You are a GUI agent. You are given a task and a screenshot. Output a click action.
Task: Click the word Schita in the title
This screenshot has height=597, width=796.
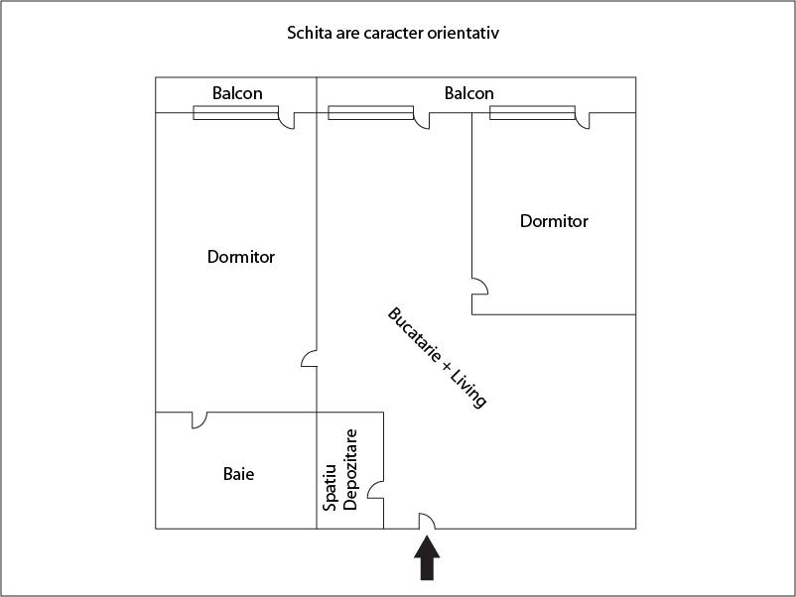pyautogui.click(x=310, y=33)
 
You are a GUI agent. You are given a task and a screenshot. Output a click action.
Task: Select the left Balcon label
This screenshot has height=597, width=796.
pyautogui.click(x=237, y=93)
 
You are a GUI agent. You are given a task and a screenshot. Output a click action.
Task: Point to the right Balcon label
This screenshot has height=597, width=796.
pyautogui.click(x=468, y=93)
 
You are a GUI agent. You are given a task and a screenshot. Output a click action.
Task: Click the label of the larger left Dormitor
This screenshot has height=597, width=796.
pyautogui.click(x=241, y=257)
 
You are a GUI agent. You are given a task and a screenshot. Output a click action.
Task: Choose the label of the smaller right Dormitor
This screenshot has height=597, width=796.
pyautogui.click(x=554, y=221)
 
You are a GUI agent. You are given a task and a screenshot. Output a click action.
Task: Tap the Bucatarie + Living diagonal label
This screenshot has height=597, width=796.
pyautogui.click(x=437, y=358)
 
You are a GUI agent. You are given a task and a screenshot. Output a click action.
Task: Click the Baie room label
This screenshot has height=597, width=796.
pyautogui.click(x=238, y=474)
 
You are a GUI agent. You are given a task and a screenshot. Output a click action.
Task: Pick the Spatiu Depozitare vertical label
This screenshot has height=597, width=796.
pyautogui.click(x=340, y=470)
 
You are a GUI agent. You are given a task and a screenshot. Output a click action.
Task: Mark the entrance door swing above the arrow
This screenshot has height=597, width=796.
pyautogui.click(x=427, y=521)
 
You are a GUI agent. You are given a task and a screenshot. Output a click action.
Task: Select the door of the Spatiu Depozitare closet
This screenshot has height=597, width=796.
pyautogui.click(x=376, y=490)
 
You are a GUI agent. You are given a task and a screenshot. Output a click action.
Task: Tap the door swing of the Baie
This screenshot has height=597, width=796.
pyautogui.click(x=199, y=419)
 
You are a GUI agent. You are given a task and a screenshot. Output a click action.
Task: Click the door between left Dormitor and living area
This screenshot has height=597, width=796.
pyautogui.click(x=310, y=357)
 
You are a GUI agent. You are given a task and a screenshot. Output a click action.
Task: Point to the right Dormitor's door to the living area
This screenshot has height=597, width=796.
pyautogui.click(x=479, y=288)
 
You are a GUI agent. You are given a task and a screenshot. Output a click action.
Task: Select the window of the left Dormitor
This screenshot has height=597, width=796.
pyautogui.click(x=235, y=113)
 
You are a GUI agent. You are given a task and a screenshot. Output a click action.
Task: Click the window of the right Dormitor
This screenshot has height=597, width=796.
pyautogui.click(x=533, y=113)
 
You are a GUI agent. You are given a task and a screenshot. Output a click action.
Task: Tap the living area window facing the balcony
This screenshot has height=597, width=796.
pyautogui.click(x=370, y=113)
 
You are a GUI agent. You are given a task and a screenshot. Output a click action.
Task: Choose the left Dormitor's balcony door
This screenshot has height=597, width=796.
pyautogui.click(x=287, y=120)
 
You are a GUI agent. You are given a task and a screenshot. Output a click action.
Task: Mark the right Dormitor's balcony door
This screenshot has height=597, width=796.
pyautogui.click(x=583, y=120)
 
